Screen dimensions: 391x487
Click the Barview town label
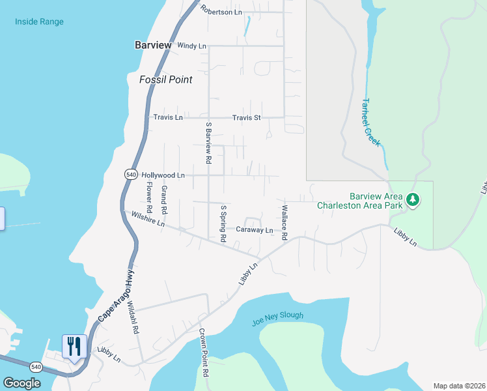click(153, 46)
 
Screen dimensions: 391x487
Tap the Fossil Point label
click(166, 80)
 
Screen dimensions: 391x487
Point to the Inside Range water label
click(40, 22)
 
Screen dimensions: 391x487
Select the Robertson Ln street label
click(221, 10)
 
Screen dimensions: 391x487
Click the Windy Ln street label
click(191, 46)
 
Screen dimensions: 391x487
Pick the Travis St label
click(247, 118)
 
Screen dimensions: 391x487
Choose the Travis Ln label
click(168, 118)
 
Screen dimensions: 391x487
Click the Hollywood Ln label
click(163, 175)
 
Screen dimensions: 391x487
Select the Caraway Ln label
click(254, 230)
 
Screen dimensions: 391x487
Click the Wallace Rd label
click(284, 224)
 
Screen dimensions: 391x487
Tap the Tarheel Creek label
click(371, 122)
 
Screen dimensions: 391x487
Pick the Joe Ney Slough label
click(277, 319)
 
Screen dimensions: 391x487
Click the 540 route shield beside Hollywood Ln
click(130, 175)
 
